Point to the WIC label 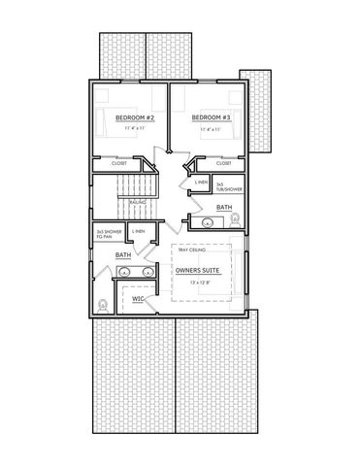point(138,299)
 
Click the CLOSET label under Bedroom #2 point(119,163)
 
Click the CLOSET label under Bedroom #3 point(223,163)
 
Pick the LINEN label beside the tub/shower point(200,183)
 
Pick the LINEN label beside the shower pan point(139,231)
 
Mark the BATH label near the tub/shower point(223,208)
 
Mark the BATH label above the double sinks point(123,254)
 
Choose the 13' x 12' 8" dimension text point(203,282)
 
